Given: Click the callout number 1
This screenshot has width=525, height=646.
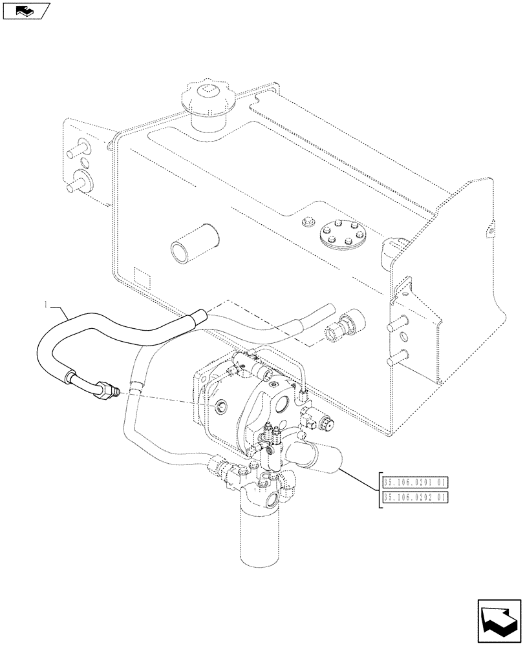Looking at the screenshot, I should tap(45, 304).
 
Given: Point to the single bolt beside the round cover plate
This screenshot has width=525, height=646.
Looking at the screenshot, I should tap(306, 224).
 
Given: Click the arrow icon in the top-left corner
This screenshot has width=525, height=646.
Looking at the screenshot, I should tap(25, 10).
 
